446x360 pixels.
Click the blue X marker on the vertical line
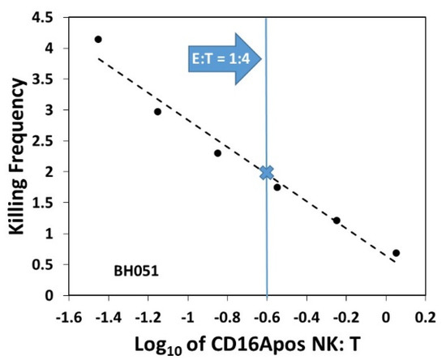[x=266, y=172]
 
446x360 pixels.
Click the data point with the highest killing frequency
[x=98, y=39]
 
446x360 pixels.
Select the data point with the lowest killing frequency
[x=396, y=253]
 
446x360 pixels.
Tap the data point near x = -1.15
[x=157, y=112]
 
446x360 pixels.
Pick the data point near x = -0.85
[x=217, y=153]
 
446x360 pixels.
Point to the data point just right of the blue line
[x=277, y=187]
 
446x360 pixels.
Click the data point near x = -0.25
[x=337, y=220]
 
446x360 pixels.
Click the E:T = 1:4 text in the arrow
[x=224, y=59]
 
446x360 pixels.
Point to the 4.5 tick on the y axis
[x=48, y=15]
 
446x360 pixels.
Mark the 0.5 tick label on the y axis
[x=48, y=264]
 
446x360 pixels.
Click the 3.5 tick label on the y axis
[x=48, y=78]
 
